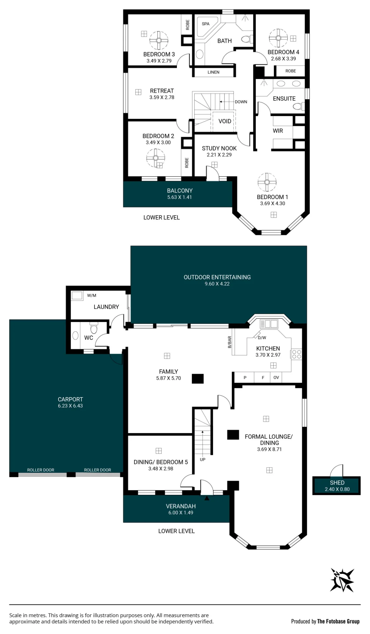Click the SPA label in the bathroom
205,24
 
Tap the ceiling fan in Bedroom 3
159,40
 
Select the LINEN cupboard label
213,72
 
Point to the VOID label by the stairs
225,121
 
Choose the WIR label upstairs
278,131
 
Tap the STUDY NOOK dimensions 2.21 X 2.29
219,155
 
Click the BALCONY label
180,191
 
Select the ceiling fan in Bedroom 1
267,182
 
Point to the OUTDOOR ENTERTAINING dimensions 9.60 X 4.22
217,284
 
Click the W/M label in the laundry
92,295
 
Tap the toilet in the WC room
94,328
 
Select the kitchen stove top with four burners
296,354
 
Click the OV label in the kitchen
276,378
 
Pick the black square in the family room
198,379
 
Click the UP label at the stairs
203,459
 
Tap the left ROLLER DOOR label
41,470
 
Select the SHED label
337,482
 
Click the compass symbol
342,580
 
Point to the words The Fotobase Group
338,621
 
